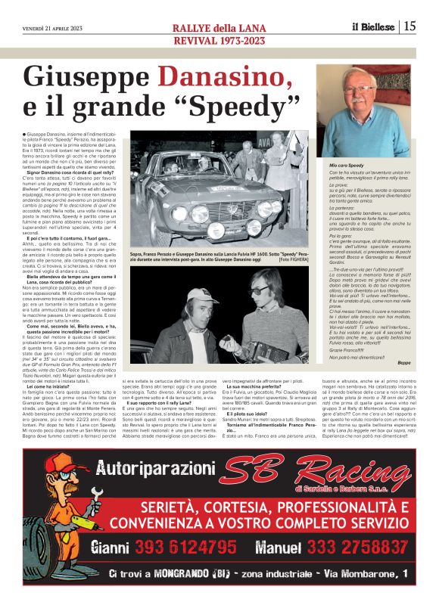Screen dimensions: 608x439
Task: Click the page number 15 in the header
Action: [x=409, y=26]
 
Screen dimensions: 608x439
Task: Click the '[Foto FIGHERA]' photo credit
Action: [x=296, y=259]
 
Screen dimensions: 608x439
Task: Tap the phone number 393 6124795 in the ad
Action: [x=191, y=548]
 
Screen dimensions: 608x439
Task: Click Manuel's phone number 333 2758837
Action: [x=349, y=548]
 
